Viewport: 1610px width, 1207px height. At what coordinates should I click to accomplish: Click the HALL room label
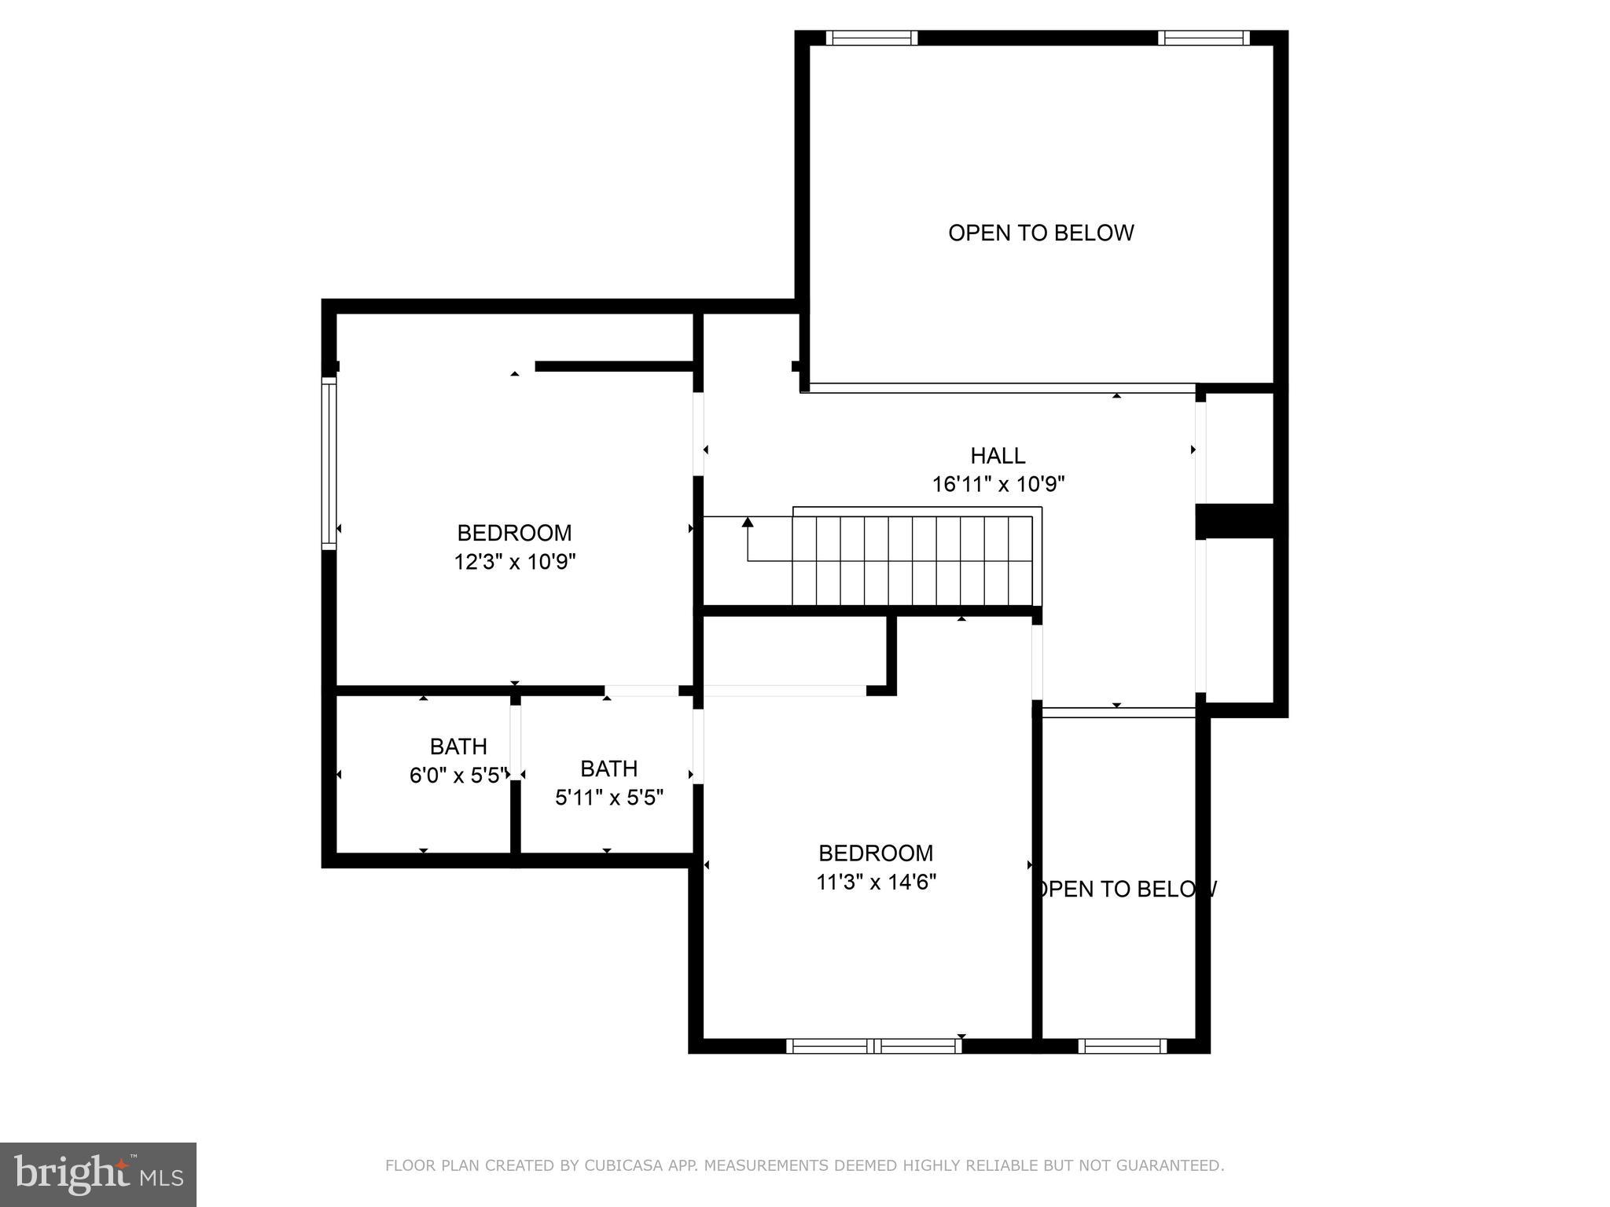998,456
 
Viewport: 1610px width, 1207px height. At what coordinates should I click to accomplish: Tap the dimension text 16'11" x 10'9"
998,484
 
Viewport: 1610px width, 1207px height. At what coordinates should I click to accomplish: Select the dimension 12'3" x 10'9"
515,562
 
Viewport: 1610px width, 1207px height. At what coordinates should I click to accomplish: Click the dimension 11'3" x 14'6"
876,882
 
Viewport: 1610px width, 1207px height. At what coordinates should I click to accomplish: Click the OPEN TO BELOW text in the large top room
1041,233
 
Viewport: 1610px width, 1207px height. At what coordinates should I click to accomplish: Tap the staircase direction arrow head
748,522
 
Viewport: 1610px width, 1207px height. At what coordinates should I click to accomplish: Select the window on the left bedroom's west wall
329,461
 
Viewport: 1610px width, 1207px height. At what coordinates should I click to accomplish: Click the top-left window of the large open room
871,38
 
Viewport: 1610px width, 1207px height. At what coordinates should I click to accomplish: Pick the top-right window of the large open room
1203,38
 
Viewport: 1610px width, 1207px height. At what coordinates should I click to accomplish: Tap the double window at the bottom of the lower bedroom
873,1046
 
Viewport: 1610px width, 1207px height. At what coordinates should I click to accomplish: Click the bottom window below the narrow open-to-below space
1122,1046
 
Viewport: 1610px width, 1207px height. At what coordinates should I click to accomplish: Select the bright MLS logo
98,1175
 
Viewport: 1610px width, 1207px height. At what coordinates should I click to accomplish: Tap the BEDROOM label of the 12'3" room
514,533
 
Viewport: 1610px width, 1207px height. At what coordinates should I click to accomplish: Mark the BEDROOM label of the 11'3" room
876,853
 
